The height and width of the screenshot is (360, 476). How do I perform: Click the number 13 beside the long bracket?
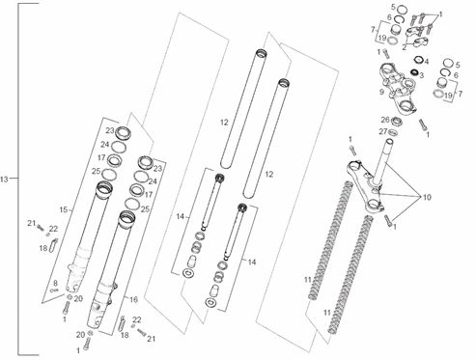coord(4,180)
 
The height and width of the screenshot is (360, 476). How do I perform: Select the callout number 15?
coord(64,210)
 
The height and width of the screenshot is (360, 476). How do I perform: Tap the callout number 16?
coord(133,299)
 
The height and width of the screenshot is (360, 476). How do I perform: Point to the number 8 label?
coord(55,283)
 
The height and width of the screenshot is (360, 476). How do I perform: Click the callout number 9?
coord(381,92)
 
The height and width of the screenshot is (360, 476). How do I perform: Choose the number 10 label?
coord(427,197)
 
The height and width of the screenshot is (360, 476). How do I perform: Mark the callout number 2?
coord(405,47)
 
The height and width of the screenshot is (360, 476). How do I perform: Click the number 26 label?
coord(385,120)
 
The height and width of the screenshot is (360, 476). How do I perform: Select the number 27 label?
coord(383,131)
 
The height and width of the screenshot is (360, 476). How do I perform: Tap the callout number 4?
coord(427,62)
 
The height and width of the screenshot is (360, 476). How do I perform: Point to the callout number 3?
coord(421,75)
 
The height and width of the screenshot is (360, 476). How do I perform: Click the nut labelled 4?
coord(418,60)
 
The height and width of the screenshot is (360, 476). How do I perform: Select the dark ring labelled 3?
coord(414,72)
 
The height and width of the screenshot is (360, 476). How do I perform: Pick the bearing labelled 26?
coord(396,122)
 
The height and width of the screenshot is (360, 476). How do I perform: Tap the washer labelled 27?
coord(393,132)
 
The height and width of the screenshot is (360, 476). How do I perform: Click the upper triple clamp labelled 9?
coord(398,89)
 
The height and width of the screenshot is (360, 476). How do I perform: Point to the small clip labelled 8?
coord(54,291)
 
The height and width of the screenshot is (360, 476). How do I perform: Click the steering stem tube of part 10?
coord(383,159)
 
